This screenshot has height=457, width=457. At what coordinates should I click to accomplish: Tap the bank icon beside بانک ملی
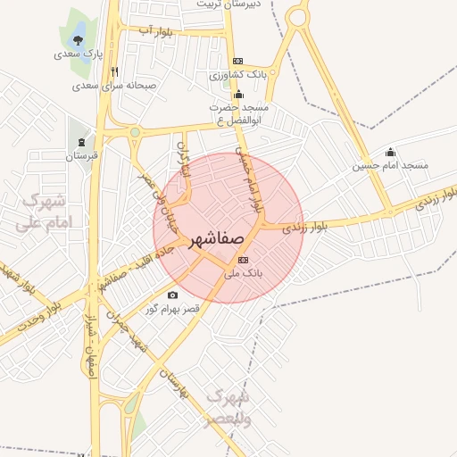pos(245,260)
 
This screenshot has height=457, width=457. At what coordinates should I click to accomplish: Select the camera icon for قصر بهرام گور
pos(172,295)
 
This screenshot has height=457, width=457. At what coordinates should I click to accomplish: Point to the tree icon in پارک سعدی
pos(79,39)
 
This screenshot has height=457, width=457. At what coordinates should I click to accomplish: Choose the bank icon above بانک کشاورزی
pos(237,61)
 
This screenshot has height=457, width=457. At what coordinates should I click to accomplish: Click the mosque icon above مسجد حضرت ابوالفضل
pos(238,94)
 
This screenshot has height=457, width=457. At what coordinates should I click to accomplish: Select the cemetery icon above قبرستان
pos(82,142)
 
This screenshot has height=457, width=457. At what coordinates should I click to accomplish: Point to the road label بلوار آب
pos(156,32)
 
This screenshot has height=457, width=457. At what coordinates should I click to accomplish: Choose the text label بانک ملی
pos(242,276)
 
